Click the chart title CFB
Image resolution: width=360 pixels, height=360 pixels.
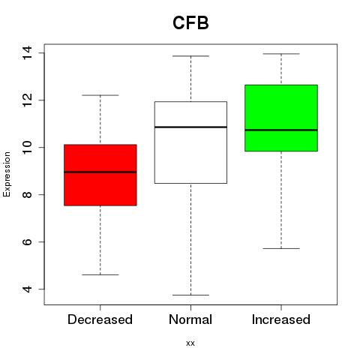point(190,23)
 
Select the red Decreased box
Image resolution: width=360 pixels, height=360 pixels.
point(100,175)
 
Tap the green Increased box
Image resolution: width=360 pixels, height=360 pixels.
point(281,118)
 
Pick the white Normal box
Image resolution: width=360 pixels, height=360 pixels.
point(190,142)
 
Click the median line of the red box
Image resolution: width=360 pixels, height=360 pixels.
point(100,172)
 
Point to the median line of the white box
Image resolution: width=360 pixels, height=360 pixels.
point(190,127)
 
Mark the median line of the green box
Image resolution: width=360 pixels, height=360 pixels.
point(281,130)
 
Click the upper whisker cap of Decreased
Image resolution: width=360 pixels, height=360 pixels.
point(100,95)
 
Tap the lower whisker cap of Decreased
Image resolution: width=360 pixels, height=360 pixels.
point(100,274)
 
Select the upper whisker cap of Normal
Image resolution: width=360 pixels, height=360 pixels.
point(190,56)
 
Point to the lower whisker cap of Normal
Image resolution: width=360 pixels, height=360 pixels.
point(190,295)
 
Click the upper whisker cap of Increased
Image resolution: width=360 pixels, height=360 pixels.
point(281,54)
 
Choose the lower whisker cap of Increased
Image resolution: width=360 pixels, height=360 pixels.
point(281,248)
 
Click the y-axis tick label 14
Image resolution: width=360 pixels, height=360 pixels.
point(27,52)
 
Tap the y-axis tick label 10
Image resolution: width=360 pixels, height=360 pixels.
point(27,147)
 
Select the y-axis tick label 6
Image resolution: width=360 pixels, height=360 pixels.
point(27,241)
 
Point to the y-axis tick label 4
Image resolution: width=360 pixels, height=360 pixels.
point(27,289)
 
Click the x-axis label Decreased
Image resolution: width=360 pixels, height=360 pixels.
point(100,319)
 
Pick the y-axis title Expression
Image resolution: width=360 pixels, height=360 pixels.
point(7,174)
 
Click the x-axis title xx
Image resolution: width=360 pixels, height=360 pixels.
point(190,343)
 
